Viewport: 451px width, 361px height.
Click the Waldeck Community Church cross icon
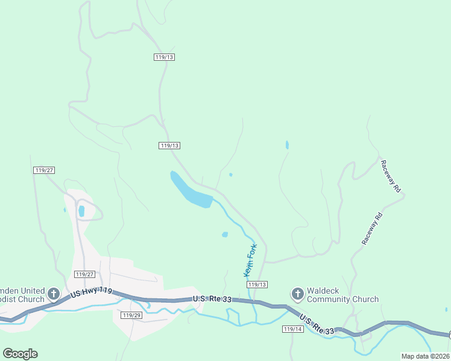pyautogui.click(x=297, y=294)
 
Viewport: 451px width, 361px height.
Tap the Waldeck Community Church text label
pyautogui.click(x=342, y=294)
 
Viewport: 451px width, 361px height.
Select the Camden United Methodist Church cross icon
pyautogui.click(x=53, y=294)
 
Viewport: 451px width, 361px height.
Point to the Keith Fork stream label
pyautogui.click(x=251, y=260)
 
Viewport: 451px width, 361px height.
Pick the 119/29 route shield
pyautogui.click(x=131, y=315)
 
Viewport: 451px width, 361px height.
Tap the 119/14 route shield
pyautogui.click(x=292, y=329)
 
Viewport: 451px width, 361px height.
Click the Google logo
pyautogui.click(x=20, y=354)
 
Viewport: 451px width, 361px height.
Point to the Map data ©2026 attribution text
pyautogui.click(x=426, y=356)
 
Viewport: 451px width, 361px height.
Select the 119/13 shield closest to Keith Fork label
pyautogui.click(x=257, y=285)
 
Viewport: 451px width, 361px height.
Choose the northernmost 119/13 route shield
pyautogui.click(x=164, y=57)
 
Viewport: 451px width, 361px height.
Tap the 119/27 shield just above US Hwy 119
pyautogui.click(x=84, y=274)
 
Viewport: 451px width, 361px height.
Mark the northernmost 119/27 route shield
pyautogui.click(x=44, y=171)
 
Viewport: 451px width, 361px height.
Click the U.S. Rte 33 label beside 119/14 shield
pyautogui.click(x=317, y=326)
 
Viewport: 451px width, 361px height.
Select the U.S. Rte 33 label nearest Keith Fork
pyautogui.click(x=212, y=299)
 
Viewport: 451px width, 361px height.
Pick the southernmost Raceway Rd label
pyautogui.click(x=372, y=227)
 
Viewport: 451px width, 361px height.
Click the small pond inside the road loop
pyautogui.click(x=81, y=211)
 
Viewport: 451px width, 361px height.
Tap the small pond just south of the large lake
pyautogui.click(x=225, y=235)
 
